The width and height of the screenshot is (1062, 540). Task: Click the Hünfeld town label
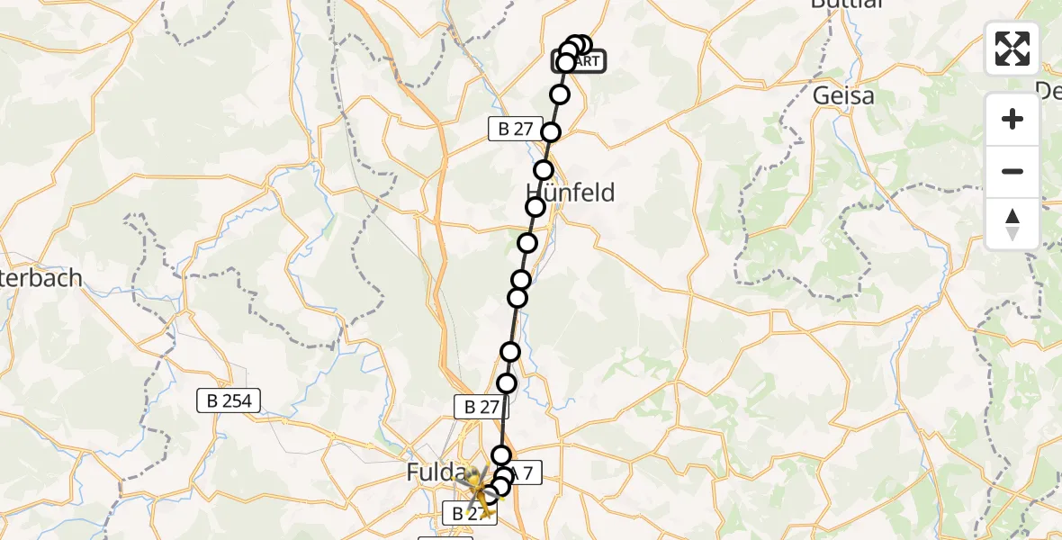tap(570, 192)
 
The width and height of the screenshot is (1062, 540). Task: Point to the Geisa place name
tap(842, 95)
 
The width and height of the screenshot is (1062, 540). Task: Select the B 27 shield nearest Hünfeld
tap(515, 129)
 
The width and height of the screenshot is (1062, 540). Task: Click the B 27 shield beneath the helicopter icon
tap(469, 514)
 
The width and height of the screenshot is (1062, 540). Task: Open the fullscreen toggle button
tap(1012, 49)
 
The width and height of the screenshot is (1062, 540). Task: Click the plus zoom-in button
tap(1012, 119)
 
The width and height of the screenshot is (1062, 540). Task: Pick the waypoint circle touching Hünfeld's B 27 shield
tap(550, 132)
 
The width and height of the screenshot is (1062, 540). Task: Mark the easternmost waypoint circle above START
tap(582, 45)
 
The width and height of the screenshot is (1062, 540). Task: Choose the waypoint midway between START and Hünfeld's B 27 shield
tap(560, 94)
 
